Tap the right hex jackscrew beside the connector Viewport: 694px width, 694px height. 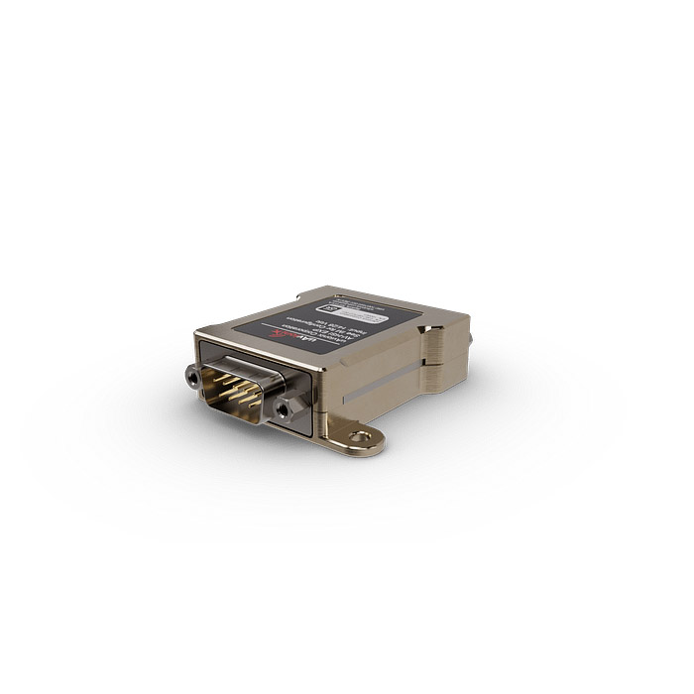coord(289,406)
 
